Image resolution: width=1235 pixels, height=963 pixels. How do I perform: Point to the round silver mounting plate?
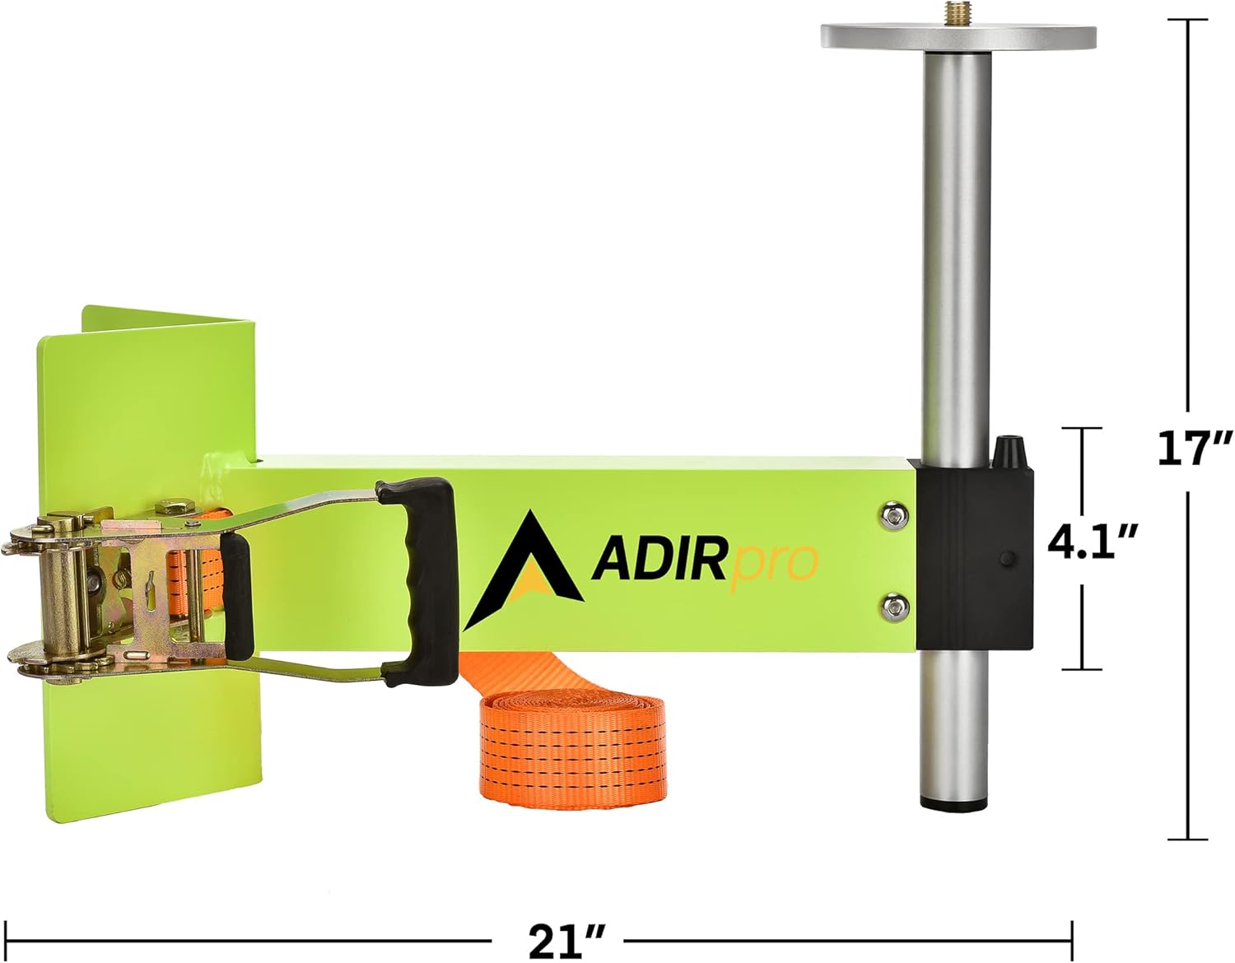(958, 35)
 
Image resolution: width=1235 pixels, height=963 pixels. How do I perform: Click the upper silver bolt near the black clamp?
(892, 515)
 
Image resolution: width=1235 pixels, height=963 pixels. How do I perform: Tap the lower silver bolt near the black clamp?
(892, 607)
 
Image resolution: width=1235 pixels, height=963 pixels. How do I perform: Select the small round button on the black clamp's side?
(1006, 559)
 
